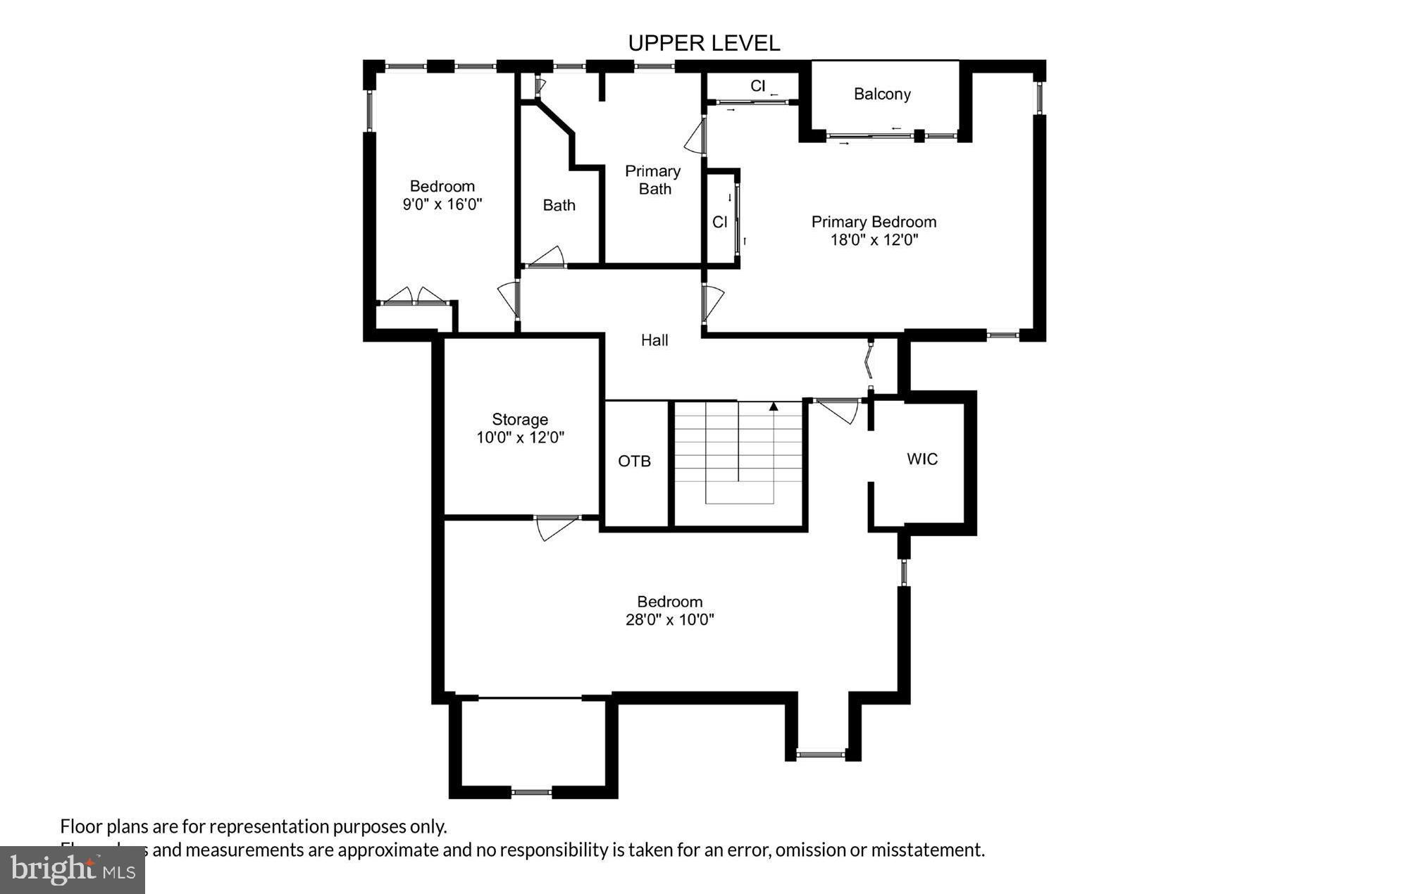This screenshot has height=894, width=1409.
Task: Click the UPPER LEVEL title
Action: [x=704, y=44]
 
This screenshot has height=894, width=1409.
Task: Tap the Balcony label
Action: [x=882, y=94]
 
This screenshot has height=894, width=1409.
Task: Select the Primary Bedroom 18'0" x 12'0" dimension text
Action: [x=874, y=240]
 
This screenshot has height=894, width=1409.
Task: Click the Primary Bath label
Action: [x=653, y=180]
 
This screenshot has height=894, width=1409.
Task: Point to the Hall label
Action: [x=654, y=340]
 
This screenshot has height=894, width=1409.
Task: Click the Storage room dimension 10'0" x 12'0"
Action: [x=520, y=437]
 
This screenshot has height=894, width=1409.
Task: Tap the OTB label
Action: [x=634, y=461]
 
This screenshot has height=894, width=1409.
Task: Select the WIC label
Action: [x=922, y=459]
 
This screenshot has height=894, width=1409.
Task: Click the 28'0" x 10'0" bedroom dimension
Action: [x=669, y=620]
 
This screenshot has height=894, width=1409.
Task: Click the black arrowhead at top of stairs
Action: [x=774, y=406]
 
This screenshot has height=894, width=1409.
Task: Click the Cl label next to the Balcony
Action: [x=757, y=86]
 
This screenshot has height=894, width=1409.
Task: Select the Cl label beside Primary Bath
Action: [x=719, y=223]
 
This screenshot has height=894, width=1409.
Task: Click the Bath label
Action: [x=559, y=206]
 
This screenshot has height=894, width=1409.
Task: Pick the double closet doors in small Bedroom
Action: [x=414, y=297]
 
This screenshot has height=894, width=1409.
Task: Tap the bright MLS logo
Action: [x=73, y=870]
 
